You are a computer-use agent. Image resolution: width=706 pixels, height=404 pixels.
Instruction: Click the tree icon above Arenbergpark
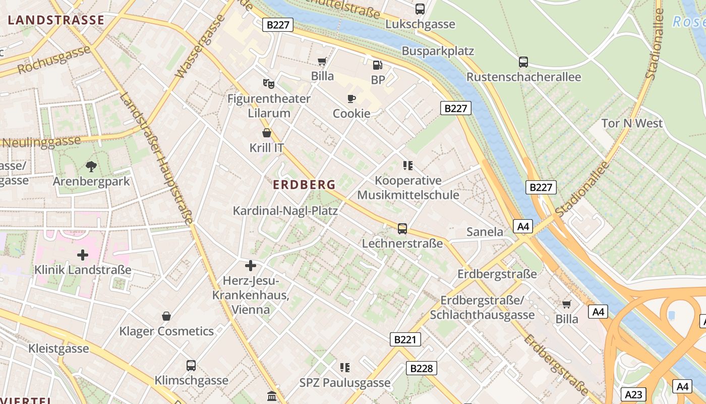tap(91, 166)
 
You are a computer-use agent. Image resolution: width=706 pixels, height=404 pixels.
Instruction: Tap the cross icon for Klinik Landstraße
tap(83, 255)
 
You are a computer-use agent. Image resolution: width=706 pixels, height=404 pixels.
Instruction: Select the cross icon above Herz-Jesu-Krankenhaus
tap(251, 266)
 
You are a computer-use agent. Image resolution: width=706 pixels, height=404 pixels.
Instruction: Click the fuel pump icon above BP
tap(377, 65)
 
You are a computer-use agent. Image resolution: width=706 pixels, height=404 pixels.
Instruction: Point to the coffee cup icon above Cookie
tap(351, 98)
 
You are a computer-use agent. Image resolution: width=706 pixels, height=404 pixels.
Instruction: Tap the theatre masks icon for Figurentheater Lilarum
tap(268, 83)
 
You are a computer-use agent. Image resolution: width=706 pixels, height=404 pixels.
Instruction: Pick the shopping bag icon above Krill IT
tap(267, 133)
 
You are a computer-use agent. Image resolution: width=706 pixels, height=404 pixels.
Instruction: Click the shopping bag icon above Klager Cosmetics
tap(166, 316)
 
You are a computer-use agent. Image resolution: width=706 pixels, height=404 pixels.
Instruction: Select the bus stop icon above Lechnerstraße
tap(402, 228)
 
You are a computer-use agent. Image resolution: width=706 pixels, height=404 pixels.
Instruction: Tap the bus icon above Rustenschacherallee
tap(523, 62)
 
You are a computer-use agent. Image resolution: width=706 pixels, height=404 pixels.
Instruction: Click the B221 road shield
tap(405, 339)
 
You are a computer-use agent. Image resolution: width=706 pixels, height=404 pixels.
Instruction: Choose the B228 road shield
tap(421, 368)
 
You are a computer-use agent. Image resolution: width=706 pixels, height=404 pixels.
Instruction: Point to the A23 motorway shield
tap(633, 394)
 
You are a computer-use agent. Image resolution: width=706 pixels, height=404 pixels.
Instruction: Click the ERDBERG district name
tap(304, 185)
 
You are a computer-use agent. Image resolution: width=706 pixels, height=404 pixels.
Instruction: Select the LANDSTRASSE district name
tap(56, 20)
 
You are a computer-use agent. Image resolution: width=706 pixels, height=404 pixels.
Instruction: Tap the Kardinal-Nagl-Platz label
tap(285, 211)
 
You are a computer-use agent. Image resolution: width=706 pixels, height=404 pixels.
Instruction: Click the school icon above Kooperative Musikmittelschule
tap(408, 165)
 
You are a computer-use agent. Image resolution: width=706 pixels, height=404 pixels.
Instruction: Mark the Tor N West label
tap(632, 123)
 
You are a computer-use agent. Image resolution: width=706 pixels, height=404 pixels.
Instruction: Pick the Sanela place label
tap(485, 232)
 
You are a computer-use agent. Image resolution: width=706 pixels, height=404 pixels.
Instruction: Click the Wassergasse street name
tap(200, 46)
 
